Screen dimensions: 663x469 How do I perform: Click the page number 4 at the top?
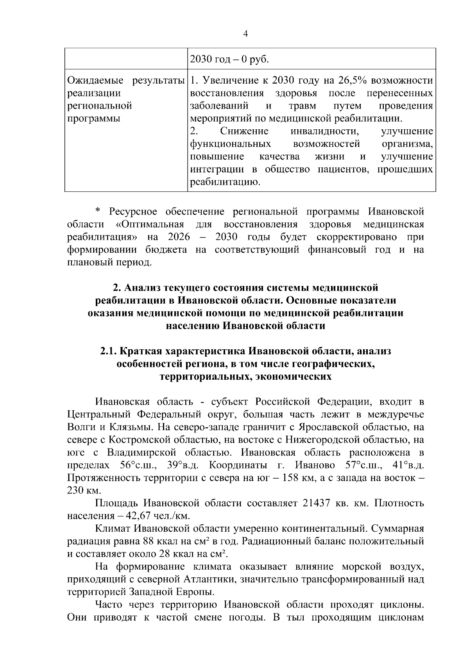point(245,34)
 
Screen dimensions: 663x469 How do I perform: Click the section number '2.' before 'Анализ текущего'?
point(116,288)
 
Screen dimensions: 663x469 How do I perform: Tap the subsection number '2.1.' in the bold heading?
point(108,351)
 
